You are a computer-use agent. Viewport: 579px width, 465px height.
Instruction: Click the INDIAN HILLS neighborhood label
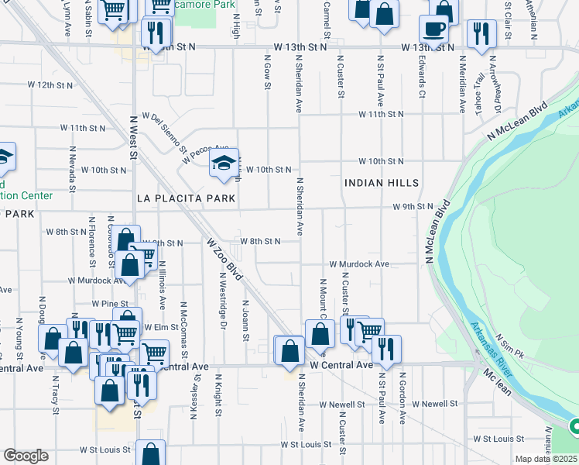pos(382,184)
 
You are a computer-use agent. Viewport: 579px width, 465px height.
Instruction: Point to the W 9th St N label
pos(413,207)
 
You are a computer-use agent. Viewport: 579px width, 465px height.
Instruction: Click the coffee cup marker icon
pos(433,31)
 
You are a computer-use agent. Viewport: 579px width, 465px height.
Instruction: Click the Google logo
pos(26,456)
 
